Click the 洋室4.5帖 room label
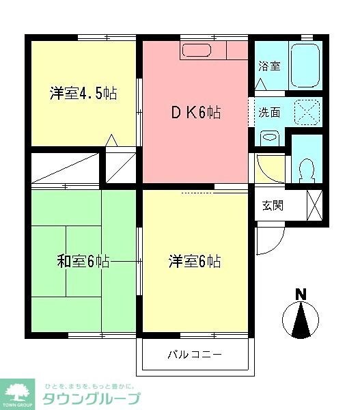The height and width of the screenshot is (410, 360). click(x=83, y=93)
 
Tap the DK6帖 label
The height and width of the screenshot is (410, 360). click(x=195, y=113)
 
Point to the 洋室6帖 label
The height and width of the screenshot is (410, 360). click(x=195, y=261)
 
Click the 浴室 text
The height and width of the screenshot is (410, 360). click(x=268, y=66)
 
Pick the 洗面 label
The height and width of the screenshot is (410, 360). click(x=268, y=112)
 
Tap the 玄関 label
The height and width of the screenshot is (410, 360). click(x=273, y=206)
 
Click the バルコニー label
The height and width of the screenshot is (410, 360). click(x=195, y=355)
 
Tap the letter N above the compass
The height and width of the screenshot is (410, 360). click(x=300, y=295)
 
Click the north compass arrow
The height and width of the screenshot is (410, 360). click(x=301, y=320)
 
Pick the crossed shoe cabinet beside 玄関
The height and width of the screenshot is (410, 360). click(x=315, y=205)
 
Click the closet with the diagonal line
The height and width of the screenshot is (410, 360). click(x=66, y=167)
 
